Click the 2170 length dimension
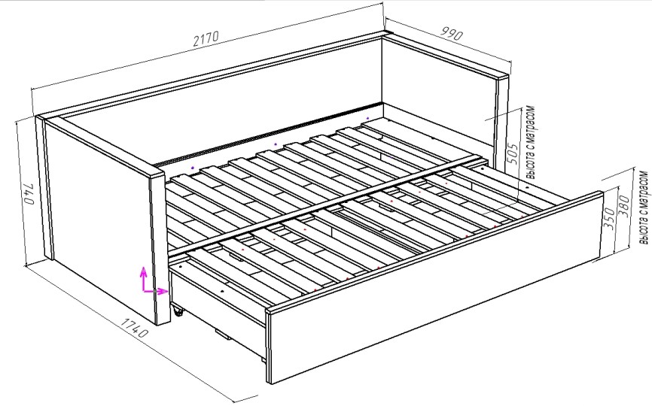coord(206,38)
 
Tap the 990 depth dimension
coord(452,34)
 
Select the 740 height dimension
coord(29,192)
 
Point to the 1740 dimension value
coord(134,328)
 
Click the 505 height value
coord(513,154)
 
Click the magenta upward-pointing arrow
coord(144,278)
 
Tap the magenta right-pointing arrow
coord(156,291)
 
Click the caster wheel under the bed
coord(178,311)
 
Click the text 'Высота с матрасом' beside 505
coord(531,142)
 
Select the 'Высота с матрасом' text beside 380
coord(644,208)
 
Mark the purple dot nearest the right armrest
coord(367,119)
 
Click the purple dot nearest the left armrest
coord(192,168)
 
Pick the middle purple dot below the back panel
coord(275,144)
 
